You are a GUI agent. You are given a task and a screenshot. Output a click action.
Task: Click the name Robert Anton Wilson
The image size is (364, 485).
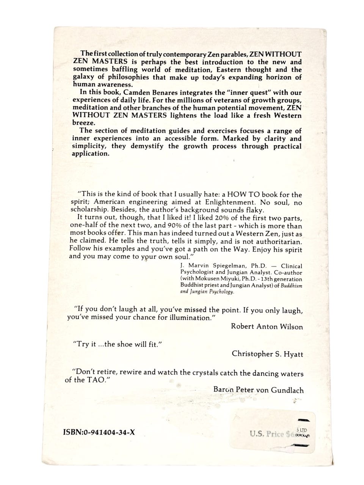tap(267, 327)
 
